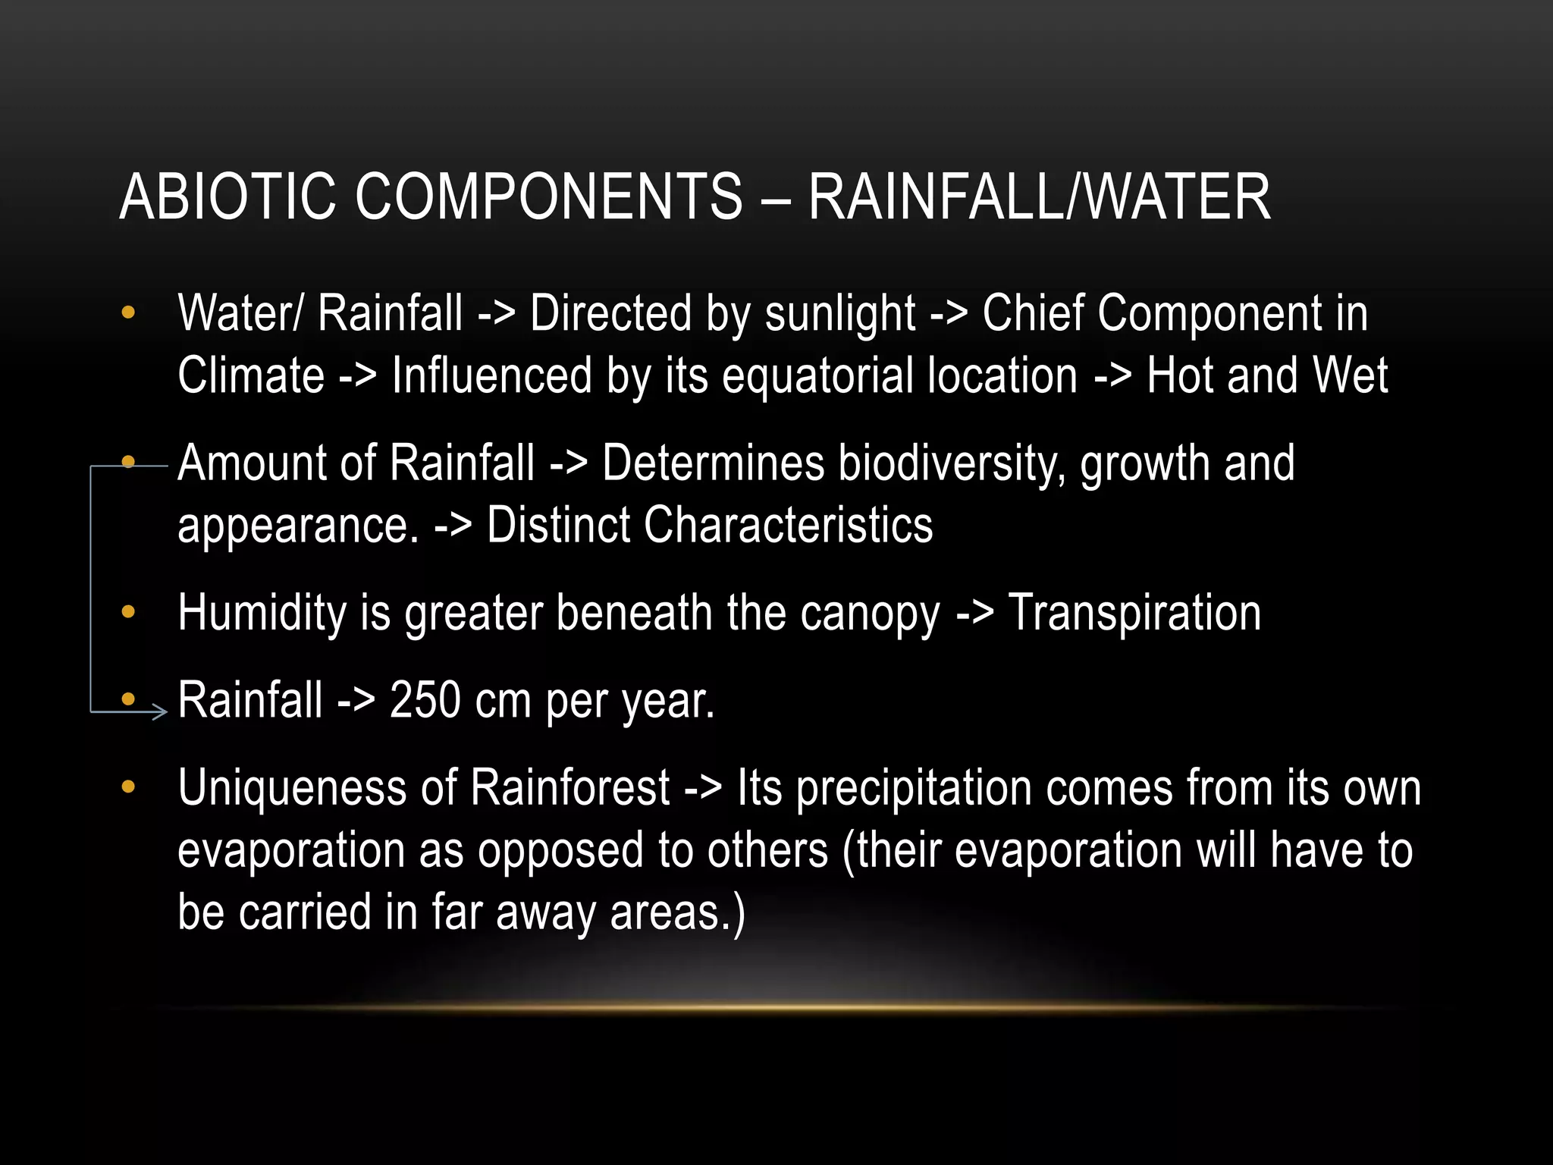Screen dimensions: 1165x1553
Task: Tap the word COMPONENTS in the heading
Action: click(x=548, y=197)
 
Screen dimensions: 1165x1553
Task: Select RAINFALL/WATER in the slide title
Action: click(x=1039, y=197)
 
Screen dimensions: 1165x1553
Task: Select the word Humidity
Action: click(x=262, y=614)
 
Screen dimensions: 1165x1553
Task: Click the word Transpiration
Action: click(x=1134, y=614)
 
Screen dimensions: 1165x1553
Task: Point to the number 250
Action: click(x=425, y=700)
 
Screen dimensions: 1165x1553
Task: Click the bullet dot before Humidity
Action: click(x=128, y=611)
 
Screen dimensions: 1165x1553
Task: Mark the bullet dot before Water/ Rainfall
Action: click(x=128, y=312)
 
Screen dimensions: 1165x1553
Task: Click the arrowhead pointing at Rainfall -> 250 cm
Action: click(x=160, y=711)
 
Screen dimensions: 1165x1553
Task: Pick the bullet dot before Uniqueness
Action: click(x=128, y=787)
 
